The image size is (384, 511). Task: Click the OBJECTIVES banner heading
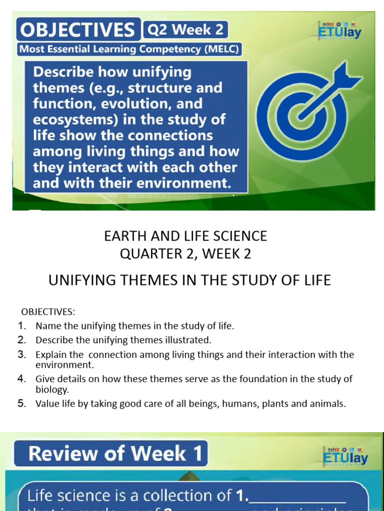coord(77,30)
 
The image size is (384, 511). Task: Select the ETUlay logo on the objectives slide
coord(339,31)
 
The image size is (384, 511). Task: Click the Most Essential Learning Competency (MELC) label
coord(129,49)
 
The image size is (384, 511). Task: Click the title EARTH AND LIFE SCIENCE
coord(185,236)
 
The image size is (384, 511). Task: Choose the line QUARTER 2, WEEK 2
coord(185,254)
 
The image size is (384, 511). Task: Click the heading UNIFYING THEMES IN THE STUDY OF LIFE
coord(189,280)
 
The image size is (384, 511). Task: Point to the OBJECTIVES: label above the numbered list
coord(48,312)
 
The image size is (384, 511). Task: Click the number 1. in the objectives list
coord(21,326)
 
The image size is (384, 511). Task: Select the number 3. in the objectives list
coord(21,355)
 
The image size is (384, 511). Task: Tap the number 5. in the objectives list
coord(21,404)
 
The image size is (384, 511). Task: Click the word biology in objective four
coord(52,389)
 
